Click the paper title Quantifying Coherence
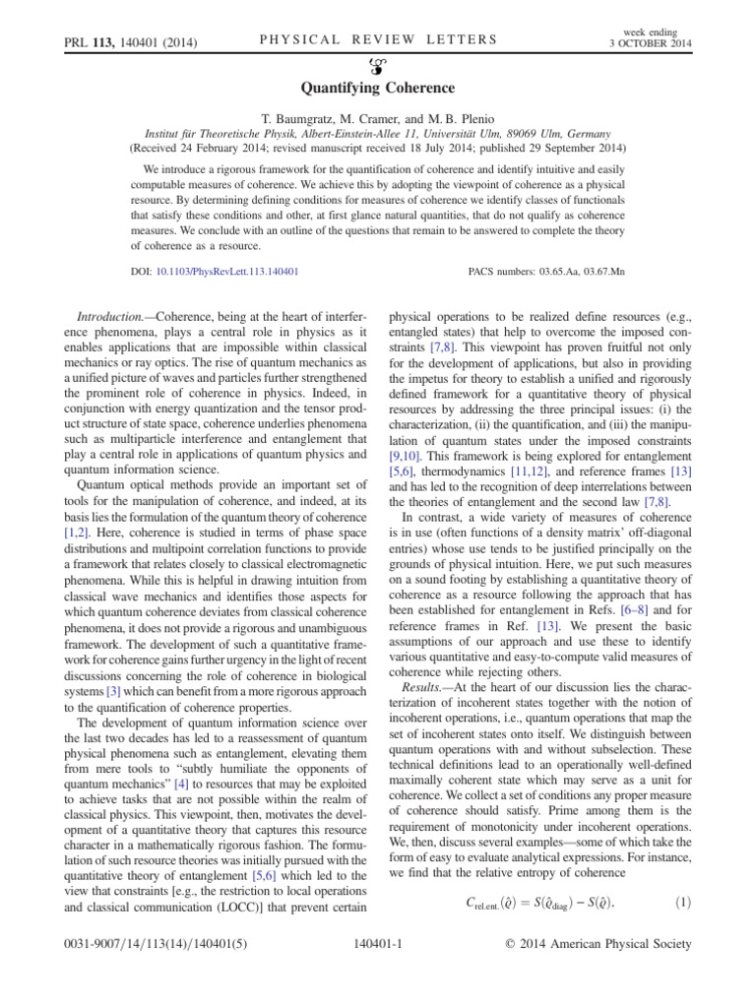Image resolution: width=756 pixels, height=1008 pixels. click(378, 88)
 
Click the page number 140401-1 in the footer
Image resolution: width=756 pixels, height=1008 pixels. click(378, 972)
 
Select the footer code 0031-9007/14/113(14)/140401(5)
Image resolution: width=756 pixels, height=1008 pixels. click(134, 972)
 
